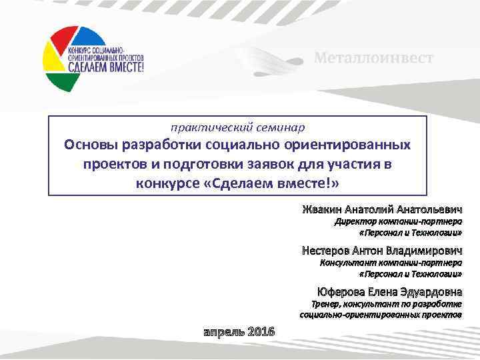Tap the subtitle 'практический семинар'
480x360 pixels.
point(237,127)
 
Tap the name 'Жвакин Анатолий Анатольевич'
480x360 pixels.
point(381,210)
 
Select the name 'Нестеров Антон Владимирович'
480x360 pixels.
point(381,251)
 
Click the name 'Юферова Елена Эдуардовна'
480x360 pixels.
point(389,292)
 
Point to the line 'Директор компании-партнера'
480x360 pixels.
point(398,222)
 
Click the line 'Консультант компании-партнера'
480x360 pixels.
point(391,263)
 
